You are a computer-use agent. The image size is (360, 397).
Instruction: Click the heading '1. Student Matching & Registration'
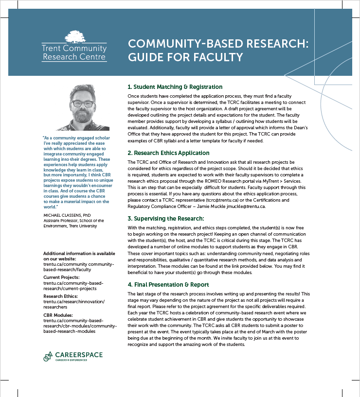tap(175, 87)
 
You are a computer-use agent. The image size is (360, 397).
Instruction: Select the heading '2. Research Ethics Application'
tap(168, 153)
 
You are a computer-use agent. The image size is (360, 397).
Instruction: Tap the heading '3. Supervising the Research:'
tap(165, 219)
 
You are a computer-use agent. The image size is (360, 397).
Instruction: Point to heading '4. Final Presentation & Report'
tap(168, 285)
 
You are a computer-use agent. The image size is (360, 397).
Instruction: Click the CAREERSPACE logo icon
tap(48, 356)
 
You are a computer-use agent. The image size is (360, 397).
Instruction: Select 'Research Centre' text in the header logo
tap(74, 57)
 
